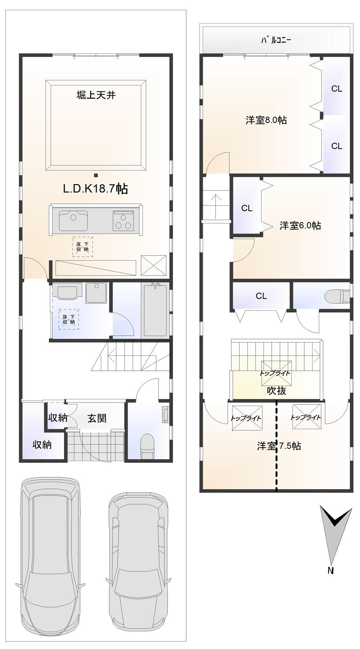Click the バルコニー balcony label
click(x=276, y=40)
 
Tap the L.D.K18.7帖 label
click(x=95, y=189)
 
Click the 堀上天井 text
click(x=96, y=95)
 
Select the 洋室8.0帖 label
click(x=266, y=120)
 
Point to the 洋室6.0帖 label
click(x=300, y=225)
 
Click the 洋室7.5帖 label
click(x=279, y=446)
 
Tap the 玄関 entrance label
click(x=96, y=418)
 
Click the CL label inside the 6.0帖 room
click(x=247, y=208)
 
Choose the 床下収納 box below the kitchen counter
click(x=82, y=247)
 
